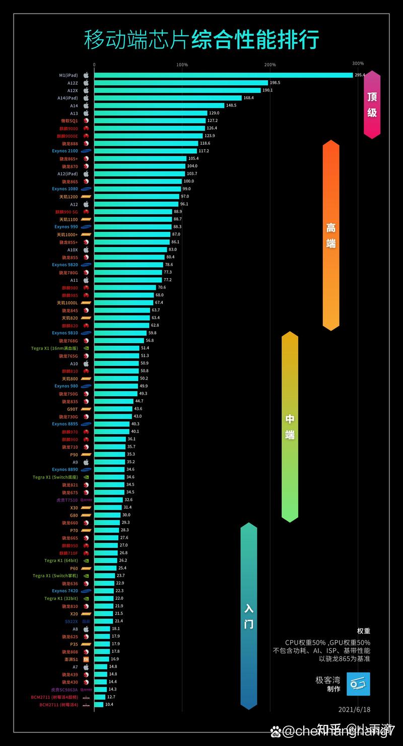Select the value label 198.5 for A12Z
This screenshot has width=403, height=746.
(275, 83)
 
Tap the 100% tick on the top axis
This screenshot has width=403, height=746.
(182, 65)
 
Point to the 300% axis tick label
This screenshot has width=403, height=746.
(358, 64)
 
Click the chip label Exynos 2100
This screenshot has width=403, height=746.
(65, 151)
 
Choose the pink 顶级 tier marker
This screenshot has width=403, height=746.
(372, 104)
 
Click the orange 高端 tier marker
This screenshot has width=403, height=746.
(331, 235)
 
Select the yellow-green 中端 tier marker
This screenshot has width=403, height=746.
(290, 426)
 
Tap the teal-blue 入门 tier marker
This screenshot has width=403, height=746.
(249, 616)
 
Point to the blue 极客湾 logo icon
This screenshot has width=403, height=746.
(358, 684)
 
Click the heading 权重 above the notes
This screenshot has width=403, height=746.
(364, 631)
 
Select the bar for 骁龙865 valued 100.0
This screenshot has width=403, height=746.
(138, 181)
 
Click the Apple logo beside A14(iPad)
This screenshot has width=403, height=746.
(86, 98)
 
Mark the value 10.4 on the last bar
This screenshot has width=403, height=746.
(109, 704)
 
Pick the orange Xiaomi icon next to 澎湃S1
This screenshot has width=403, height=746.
(86, 659)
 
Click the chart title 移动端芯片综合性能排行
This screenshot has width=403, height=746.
(201, 39)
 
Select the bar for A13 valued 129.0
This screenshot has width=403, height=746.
(151, 113)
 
